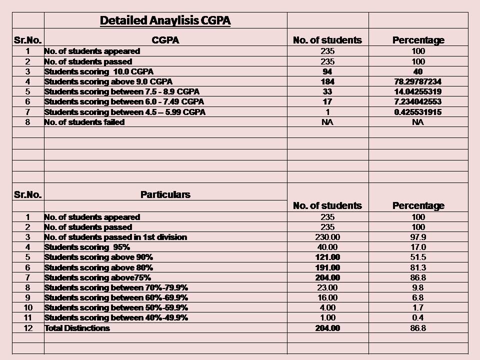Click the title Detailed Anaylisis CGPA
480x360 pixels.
[165, 20]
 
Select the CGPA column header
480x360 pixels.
[165, 40]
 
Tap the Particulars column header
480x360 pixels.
[165, 194]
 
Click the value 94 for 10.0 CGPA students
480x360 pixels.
[327, 71]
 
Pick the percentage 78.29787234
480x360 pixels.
[418, 81]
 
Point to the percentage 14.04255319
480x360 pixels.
[418, 91]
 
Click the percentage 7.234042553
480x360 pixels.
[418, 101]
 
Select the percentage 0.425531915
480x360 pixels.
[418, 112]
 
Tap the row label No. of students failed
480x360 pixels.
[84, 122]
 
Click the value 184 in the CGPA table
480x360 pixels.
[327, 81]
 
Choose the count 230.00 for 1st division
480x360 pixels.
[327, 237]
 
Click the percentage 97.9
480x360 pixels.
[418, 237]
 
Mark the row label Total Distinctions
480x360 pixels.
[77, 328]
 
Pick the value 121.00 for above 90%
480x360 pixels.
[327, 257]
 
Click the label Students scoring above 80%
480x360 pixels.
[98, 267]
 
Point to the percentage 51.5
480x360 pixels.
[418, 257]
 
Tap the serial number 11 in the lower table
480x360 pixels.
[28, 318]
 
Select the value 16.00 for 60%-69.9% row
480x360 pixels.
[327, 297]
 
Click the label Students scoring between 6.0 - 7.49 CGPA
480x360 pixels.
[124, 101]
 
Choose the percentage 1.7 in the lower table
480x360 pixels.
[418, 307]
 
